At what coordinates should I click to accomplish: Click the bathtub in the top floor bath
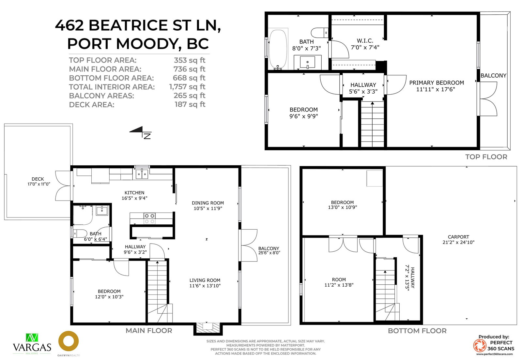[x=278, y=49]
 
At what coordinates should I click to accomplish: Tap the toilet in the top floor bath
[x=319, y=33]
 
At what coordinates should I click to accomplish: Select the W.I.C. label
[x=365, y=41]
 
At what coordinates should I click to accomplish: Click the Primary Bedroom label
[x=437, y=83]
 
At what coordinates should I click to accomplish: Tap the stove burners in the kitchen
[x=150, y=218]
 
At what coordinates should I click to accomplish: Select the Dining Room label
[x=207, y=203]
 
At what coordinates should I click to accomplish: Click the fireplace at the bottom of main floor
[x=208, y=328]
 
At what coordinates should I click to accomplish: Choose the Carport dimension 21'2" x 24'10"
[x=458, y=242]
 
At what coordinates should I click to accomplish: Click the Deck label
[x=38, y=179]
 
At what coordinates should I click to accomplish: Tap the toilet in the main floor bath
[x=80, y=233]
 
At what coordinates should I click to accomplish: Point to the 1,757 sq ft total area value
[x=187, y=87]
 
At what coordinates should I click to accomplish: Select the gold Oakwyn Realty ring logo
[x=69, y=341]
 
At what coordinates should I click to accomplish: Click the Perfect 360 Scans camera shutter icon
[x=479, y=346]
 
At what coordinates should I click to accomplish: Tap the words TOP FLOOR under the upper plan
[x=486, y=157]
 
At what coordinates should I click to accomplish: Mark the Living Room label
[x=205, y=280]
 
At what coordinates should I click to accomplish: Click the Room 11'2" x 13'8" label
[x=339, y=282]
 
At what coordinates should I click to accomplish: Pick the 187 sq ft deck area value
[x=190, y=104]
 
